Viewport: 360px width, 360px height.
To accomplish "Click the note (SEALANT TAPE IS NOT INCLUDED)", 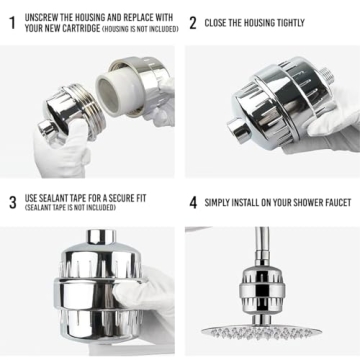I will (78, 208).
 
